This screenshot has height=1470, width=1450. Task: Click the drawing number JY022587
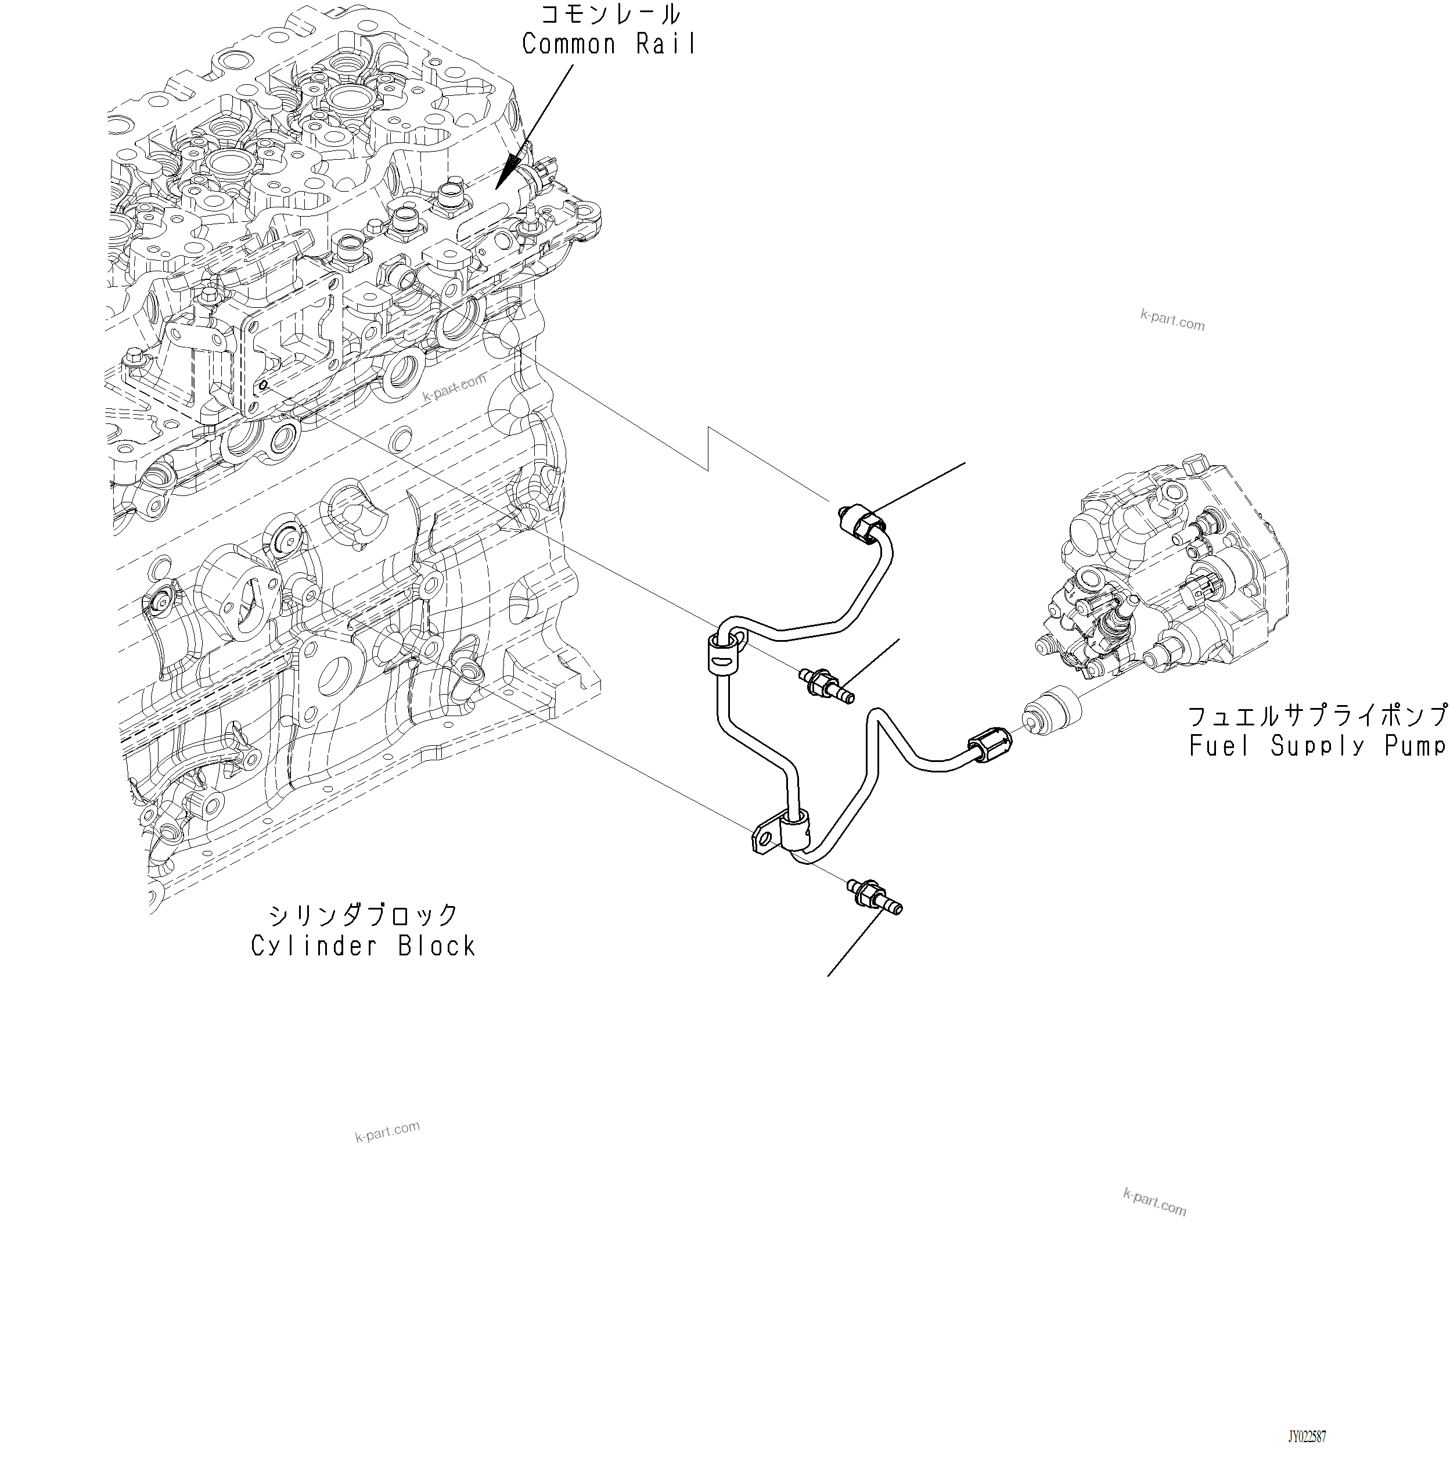point(1306,1436)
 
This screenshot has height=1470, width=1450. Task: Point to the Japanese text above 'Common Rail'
point(609,15)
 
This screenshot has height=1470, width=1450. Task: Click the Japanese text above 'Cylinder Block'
point(364,914)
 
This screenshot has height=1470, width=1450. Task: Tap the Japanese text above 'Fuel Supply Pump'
point(1317,715)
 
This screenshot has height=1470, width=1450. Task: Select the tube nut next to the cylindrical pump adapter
point(990,745)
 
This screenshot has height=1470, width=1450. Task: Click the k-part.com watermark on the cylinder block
point(454,387)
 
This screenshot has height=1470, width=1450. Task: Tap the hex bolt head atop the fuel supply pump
point(1196,463)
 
